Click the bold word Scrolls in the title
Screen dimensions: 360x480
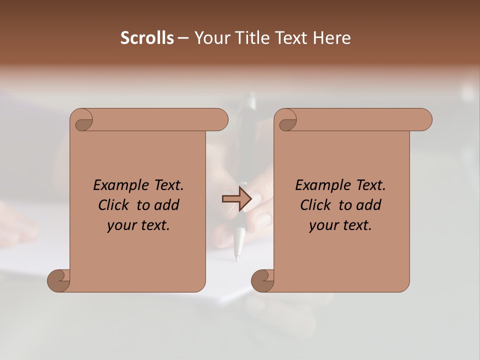coord(147,38)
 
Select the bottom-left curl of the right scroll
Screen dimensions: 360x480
coord(263,280)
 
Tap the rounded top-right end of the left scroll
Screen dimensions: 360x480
coord(220,120)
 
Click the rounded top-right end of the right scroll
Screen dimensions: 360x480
coord(424,120)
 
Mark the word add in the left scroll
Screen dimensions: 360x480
coord(167,205)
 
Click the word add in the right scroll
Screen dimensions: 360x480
coord(369,205)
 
